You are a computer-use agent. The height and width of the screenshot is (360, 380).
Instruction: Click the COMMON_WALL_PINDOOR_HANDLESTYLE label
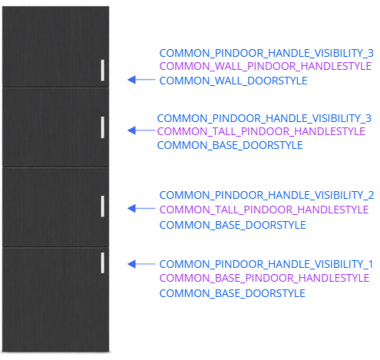(x=266, y=66)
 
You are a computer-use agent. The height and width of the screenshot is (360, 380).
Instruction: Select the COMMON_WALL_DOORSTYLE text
(x=233, y=81)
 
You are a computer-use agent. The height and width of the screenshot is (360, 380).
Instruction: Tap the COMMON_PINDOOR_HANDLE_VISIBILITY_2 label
(x=266, y=195)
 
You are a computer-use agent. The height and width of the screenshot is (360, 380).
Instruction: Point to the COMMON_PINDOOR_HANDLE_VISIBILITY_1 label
(x=266, y=264)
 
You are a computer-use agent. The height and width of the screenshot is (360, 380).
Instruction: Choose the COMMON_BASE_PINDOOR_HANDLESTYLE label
(x=264, y=278)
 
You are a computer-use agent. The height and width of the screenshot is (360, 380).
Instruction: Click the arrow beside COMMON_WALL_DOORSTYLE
(x=141, y=80)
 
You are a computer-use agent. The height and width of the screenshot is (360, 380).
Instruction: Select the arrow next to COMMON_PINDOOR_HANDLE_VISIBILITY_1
(x=141, y=264)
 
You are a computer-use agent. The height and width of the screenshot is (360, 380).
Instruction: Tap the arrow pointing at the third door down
(x=141, y=209)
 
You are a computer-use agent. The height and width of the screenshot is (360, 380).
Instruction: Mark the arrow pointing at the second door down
(x=141, y=130)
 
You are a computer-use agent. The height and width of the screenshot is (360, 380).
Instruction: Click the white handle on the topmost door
(x=103, y=71)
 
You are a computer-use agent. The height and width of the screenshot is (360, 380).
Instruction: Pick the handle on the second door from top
(x=103, y=127)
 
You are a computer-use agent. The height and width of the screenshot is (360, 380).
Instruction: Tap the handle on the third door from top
(x=103, y=206)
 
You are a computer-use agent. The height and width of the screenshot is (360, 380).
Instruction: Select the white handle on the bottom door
(x=103, y=263)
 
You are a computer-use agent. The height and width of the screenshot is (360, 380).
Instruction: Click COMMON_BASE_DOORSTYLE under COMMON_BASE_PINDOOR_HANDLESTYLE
(x=233, y=293)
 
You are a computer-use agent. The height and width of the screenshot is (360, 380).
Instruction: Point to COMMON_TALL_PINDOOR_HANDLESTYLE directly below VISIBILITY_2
(x=264, y=210)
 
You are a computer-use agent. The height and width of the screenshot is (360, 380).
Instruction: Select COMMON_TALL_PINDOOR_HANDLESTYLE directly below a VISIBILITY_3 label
(x=261, y=131)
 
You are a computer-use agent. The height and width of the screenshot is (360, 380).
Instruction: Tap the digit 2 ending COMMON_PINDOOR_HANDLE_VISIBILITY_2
(x=371, y=195)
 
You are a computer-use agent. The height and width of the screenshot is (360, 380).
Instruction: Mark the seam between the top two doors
(x=56, y=88)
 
